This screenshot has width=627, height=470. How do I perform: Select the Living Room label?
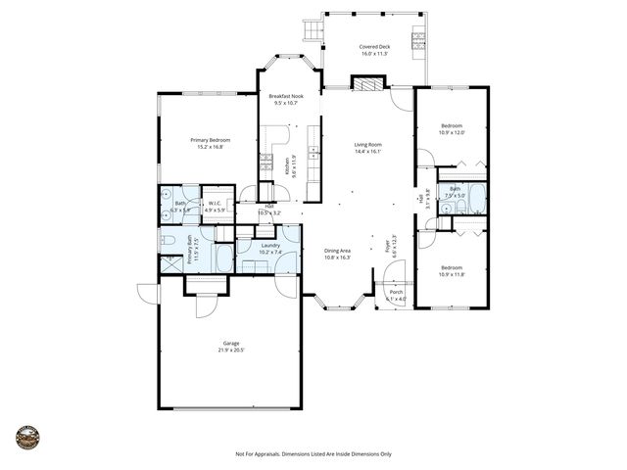367,148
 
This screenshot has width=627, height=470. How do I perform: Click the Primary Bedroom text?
207,143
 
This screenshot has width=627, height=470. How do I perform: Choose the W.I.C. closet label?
216,206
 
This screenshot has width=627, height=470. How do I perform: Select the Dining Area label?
338,254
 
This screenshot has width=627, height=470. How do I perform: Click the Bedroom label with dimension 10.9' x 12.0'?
452,128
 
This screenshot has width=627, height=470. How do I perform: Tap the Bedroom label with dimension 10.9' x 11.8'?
452,271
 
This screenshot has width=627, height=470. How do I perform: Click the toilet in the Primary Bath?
168,240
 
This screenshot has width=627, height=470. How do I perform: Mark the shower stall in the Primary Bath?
168,262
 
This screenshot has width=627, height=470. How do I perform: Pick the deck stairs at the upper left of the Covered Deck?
313,32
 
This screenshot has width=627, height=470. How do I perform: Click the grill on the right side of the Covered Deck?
418,40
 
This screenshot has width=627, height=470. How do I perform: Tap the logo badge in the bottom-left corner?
26,437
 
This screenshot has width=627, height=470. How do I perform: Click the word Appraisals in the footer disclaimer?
270,454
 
